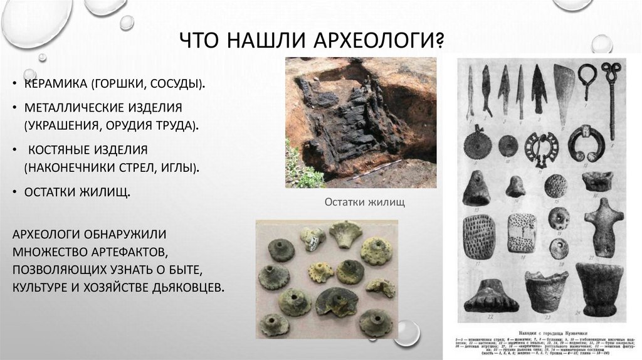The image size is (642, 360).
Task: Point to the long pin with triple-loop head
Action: click(613, 94)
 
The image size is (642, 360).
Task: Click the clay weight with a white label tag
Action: click(312, 237)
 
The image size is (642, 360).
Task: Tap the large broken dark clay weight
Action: click(335, 301)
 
